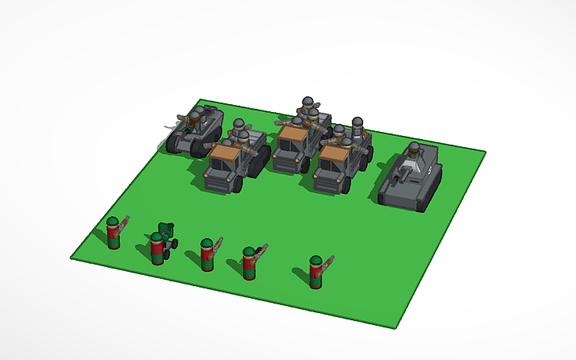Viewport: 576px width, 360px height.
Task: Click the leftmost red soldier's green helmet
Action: [113, 222]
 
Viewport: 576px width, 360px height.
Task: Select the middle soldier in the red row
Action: [207, 255]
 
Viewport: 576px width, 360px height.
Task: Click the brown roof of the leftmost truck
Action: [226, 151]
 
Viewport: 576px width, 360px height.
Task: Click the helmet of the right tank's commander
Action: [415, 147]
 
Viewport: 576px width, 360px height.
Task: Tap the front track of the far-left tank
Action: [176, 143]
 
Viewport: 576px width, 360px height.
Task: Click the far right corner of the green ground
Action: [485, 152]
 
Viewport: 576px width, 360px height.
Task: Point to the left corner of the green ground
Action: [71, 256]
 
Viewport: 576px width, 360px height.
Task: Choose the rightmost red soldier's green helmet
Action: [315, 261]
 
